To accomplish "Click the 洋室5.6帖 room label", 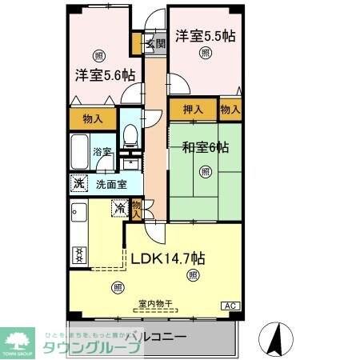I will tap(105, 76).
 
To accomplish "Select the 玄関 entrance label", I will tap(154, 44).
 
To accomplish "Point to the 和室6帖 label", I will tap(205, 147).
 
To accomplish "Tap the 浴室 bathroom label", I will tap(101, 151).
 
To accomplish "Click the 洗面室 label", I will tap(110, 183).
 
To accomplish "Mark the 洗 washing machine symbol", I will tap(78, 182).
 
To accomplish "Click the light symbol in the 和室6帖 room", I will tap(206, 171).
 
